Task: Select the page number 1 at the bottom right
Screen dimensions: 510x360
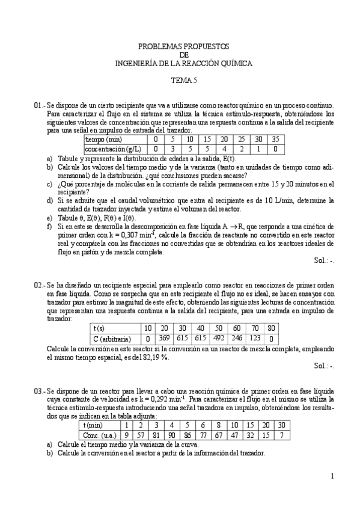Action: (x=331, y=476)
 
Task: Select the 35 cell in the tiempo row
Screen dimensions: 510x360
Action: (x=275, y=140)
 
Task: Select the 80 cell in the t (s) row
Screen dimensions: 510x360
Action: (x=271, y=328)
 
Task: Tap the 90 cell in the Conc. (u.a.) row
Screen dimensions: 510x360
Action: (x=171, y=435)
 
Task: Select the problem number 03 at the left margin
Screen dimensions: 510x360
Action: (x=38, y=390)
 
